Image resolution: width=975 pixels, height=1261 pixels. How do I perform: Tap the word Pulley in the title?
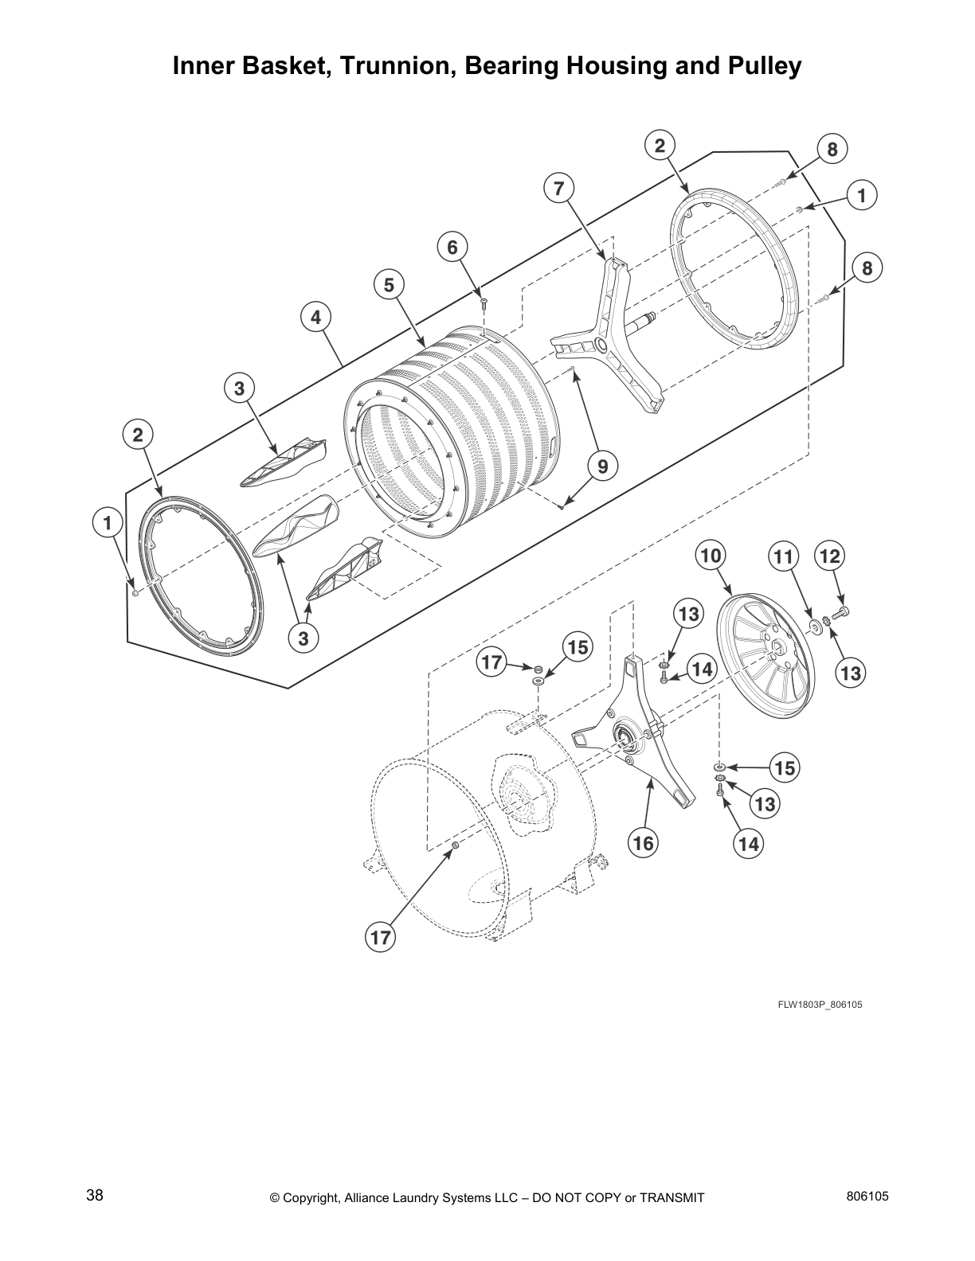(x=762, y=66)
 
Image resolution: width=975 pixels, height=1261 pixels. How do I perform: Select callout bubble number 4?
(x=316, y=318)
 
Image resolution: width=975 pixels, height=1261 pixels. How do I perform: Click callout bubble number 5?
(x=389, y=285)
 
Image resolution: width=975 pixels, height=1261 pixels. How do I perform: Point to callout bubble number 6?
(x=452, y=248)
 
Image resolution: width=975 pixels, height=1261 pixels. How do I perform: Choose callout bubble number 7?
(x=558, y=189)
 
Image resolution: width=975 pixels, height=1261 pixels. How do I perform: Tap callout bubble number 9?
(x=603, y=467)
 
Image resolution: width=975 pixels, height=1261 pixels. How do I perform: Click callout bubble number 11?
(x=784, y=556)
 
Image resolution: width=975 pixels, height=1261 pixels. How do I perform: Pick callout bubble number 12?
(x=830, y=556)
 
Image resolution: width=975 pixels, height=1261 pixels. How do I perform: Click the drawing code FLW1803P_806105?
(x=820, y=1004)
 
